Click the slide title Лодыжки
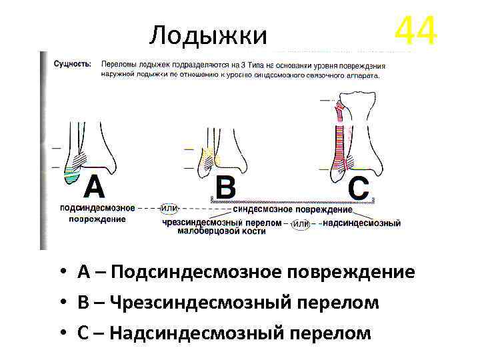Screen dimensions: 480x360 click(208, 34)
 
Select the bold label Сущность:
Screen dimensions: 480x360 click(72, 64)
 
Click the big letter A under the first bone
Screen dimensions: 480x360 click(94, 188)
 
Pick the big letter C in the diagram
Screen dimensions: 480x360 click(358, 189)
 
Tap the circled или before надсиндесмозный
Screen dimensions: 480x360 click(301, 223)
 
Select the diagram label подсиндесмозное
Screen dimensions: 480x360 click(97, 208)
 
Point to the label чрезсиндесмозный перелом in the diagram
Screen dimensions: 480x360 click(223, 223)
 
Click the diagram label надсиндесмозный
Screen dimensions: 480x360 click(361, 223)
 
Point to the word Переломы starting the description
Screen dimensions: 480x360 click(119, 64)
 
